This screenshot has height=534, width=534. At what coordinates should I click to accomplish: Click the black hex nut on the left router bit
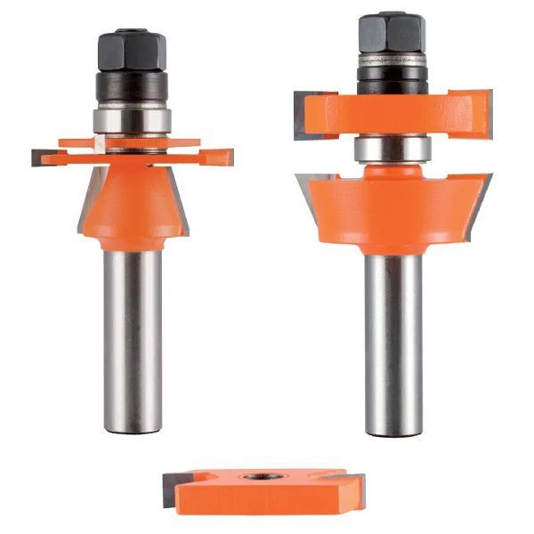coord(132,53)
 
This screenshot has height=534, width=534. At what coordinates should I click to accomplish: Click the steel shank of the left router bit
coord(132,338)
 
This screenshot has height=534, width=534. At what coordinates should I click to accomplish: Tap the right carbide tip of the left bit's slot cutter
coord(224,157)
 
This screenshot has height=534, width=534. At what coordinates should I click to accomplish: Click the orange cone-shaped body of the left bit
coord(132,200)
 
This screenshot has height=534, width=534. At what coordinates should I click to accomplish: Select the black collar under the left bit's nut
coord(132,86)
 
